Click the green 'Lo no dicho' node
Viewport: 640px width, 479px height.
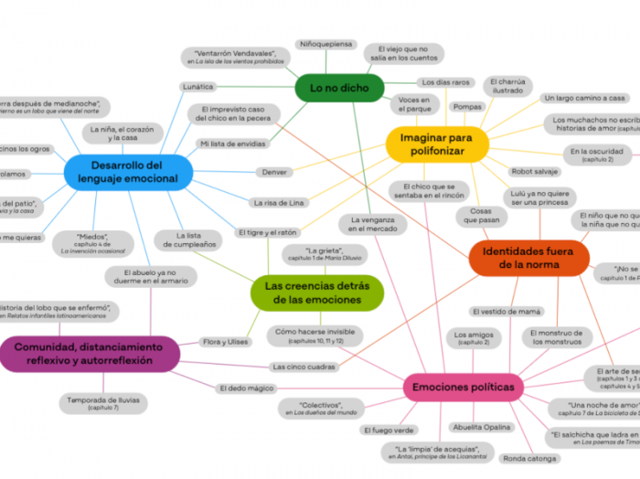click(x=339, y=88)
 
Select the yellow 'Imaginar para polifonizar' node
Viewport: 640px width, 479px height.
click(x=437, y=144)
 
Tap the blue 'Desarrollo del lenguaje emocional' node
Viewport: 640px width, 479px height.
click(x=129, y=172)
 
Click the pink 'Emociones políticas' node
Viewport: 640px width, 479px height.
click(x=463, y=388)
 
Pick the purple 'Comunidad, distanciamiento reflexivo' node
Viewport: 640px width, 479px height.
click(x=88, y=354)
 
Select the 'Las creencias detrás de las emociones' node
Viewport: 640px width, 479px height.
click(x=316, y=293)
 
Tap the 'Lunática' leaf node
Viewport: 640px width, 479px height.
click(x=198, y=87)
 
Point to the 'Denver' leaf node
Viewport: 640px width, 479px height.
click(x=274, y=172)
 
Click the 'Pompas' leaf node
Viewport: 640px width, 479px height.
click(x=467, y=107)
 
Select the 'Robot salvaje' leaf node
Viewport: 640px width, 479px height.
click(x=535, y=171)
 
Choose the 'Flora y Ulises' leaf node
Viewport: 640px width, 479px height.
click(x=225, y=342)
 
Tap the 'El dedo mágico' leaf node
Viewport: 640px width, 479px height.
click(x=246, y=389)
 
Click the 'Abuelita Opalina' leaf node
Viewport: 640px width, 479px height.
click(x=485, y=428)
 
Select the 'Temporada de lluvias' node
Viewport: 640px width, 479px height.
click(x=103, y=403)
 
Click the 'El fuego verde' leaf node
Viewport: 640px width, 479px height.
click(x=389, y=430)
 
